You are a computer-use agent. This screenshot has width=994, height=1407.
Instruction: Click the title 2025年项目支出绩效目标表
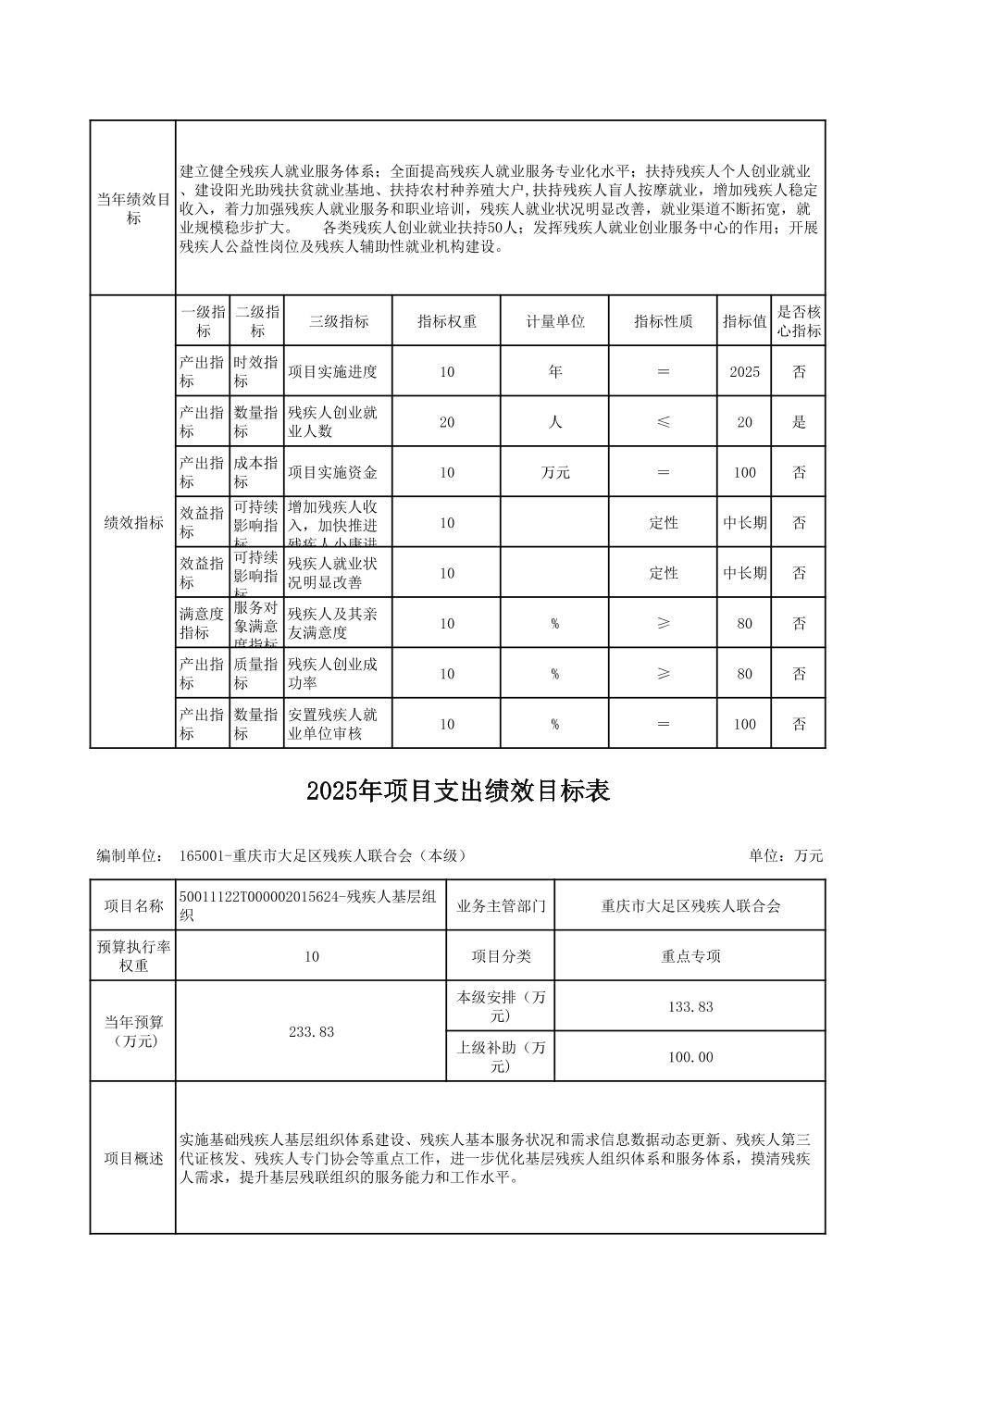click(x=458, y=792)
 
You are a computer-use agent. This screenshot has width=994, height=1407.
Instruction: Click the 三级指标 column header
click(x=338, y=321)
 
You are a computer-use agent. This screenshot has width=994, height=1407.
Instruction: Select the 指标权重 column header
click(x=446, y=321)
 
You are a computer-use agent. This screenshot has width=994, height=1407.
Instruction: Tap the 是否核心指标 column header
click(x=798, y=321)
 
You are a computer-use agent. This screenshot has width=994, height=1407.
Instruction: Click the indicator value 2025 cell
click(x=744, y=372)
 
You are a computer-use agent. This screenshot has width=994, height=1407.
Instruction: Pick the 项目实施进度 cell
click(x=332, y=372)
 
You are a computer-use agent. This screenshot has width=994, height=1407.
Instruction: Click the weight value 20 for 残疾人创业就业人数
click(x=446, y=422)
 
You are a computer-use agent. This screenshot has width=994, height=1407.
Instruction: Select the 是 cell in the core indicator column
click(x=798, y=422)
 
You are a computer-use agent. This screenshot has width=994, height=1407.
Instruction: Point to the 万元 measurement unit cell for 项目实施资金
click(x=554, y=473)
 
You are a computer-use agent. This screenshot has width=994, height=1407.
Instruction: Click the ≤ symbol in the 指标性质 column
click(x=663, y=422)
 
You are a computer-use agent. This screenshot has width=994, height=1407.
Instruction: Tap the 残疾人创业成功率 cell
click(x=332, y=674)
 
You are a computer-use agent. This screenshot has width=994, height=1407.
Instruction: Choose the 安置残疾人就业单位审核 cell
click(x=332, y=724)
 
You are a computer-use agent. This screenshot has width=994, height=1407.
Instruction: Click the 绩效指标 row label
click(x=133, y=523)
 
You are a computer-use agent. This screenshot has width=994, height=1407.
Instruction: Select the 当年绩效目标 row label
click(x=133, y=209)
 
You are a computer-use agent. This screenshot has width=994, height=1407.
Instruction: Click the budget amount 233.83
click(x=311, y=1032)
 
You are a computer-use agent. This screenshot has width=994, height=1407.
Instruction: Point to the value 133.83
click(x=690, y=1007)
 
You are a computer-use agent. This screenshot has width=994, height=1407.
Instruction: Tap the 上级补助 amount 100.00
click(x=690, y=1057)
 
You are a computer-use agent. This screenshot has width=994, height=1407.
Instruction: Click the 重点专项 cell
click(x=690, y=956)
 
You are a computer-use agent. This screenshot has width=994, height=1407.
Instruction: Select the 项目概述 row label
click(x=133, y=1159)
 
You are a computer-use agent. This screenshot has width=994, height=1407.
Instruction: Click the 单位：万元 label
click(x=785, y=856)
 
